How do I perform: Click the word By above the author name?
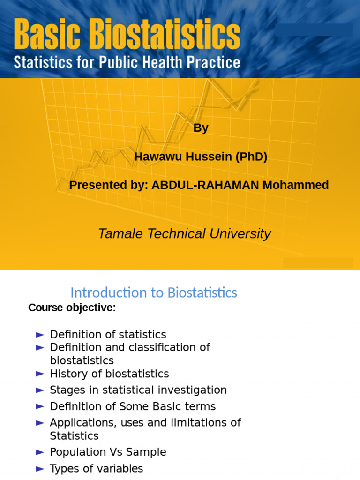[201, 128]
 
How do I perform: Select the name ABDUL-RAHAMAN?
[205, 185]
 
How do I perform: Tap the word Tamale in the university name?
[119, 233]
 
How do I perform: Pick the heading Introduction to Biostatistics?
[153, 293]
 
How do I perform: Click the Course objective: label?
[72, 308]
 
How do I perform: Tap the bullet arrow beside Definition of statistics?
[40, 335]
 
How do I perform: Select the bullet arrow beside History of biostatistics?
[40, 374]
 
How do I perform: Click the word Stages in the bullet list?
[65, 390]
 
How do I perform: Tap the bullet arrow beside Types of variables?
[40, 469]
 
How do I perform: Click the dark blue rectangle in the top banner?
[314, 30]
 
